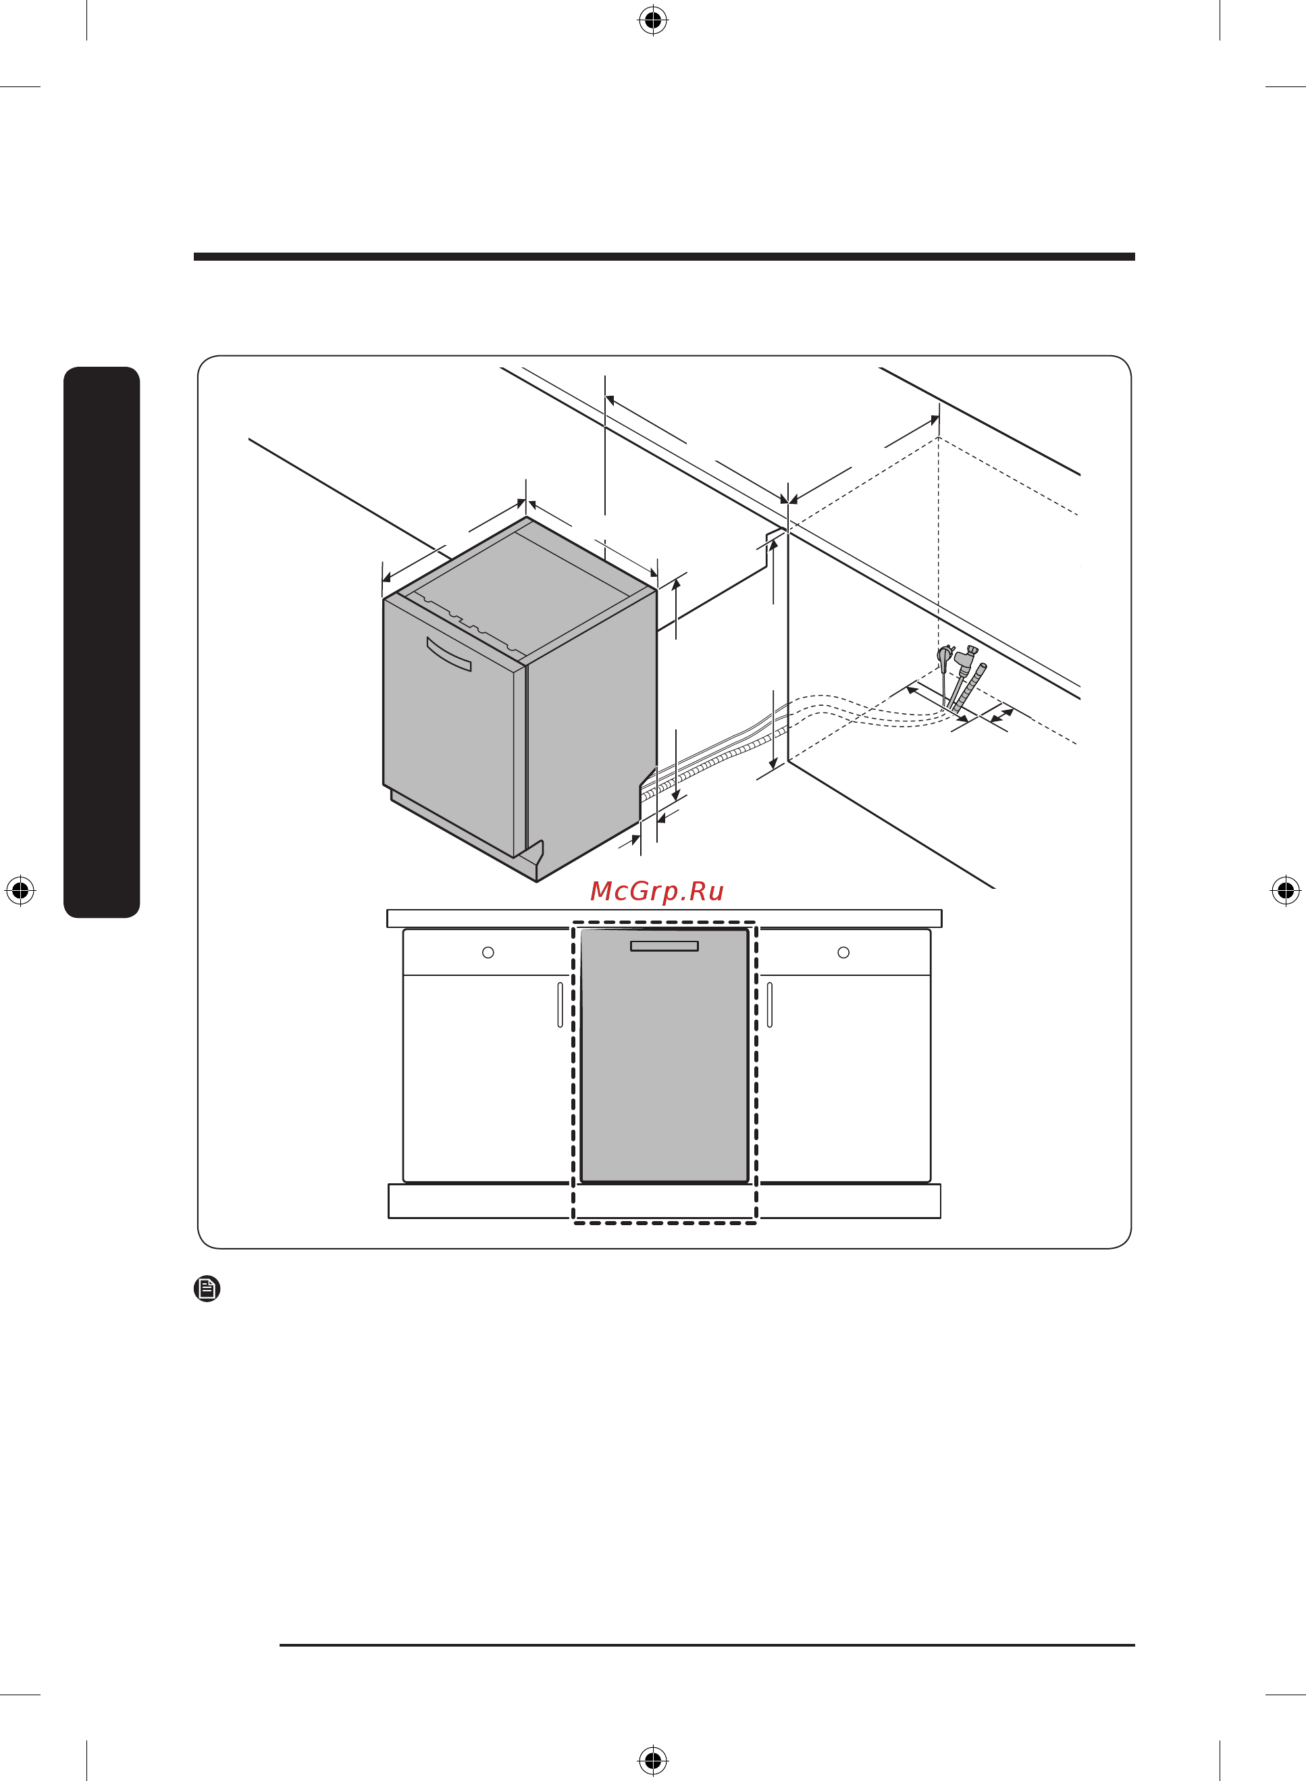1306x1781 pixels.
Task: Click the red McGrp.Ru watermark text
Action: pyautogui.click(x=656, y=892)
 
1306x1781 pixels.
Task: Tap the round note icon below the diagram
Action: pyautogui.click(x=207, y=1289)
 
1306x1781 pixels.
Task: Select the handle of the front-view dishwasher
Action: pyautogui.click(x=664, y=946)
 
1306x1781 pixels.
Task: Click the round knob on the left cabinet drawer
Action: pyautogui.click(x=488, y=952)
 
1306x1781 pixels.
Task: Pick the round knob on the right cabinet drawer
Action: pyautogui.click(x=843, y=952)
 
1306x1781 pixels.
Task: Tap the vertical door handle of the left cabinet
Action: pyautogui.click(x=560, y=1005)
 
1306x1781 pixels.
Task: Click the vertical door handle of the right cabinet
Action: pyautogui.click(x=770, y=1005)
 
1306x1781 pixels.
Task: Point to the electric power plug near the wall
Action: pyautogui.click(x=945, y=672)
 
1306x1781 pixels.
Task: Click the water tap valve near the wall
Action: pyautogui.click(x=964, y=668)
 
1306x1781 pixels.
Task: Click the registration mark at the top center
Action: pyautogui.click(x=653, y=20)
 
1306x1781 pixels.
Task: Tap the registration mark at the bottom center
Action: pyautogui.click(x=653, y=1761)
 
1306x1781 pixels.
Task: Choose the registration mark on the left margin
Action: pyautogui.click(x=20, y=890)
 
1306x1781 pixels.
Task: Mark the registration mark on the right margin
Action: pyautogui.click(x=1286, y=890)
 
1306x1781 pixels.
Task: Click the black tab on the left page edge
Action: pyautogui.click(x=102, y=642)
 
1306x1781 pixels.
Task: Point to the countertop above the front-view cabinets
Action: pyautogui.click(x=664, y=919)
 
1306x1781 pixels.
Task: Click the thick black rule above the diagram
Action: pyautogui.click(x=664, y=257)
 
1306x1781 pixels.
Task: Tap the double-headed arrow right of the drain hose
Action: pyautogui.click(x=1002, y=715)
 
